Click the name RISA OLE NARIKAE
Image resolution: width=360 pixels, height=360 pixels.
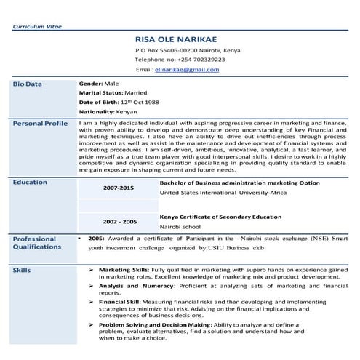pos(177,39)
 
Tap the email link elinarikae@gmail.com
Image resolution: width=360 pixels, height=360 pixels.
pos(186,70)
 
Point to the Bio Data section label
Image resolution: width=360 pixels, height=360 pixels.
pos(28,84)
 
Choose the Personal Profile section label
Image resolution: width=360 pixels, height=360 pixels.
pos(40,124)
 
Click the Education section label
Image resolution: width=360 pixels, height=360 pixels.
pos(31,182)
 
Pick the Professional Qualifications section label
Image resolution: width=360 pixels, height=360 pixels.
pos(35,244)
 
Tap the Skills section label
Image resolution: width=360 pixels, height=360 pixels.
pos(22,271)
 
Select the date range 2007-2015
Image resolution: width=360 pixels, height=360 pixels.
pos(119,188)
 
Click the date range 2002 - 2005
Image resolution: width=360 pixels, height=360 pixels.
pos(119,221)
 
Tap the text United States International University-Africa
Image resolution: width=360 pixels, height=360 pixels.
pos(218,194)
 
